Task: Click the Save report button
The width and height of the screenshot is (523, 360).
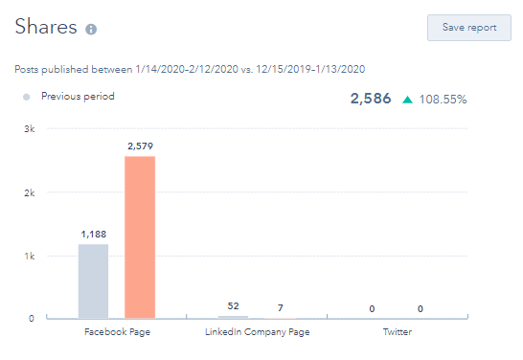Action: tap(469, 27)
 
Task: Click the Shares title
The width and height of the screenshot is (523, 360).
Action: tap(45, 27)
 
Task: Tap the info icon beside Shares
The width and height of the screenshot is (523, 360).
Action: tap(91, 30)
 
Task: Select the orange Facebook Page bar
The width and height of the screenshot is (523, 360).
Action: tap(140, 236)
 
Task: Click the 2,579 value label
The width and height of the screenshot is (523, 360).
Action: tap(140, 146)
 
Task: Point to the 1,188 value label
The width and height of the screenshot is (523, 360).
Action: tap(93, 233)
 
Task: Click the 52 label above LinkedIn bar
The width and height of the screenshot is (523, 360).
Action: tap(234, 306)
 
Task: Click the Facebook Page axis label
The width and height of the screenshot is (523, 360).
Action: tap(117, 332)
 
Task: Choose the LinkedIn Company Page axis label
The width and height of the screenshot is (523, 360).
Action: tap(258, 332)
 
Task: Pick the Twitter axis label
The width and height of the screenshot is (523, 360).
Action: tap(398, 332)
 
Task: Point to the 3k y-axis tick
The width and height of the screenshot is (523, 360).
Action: tap(30, 128)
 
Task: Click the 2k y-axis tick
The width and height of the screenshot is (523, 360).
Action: tap(30, 192)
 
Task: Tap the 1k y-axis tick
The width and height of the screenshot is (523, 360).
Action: tap(30, 257)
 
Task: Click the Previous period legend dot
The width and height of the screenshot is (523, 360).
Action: tap(26, 96)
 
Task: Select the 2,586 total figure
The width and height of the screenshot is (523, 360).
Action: tap(371, 99)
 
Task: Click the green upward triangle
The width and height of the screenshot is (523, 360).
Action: tap(408, 99)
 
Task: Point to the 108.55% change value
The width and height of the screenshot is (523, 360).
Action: tap(443, 99)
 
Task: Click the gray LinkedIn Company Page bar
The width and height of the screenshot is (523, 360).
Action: tap(234, 317)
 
